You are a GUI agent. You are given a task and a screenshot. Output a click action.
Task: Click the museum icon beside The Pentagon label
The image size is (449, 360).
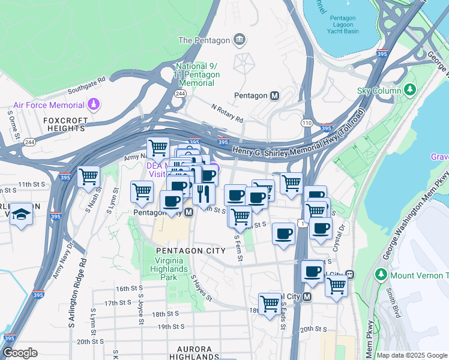[240, 40]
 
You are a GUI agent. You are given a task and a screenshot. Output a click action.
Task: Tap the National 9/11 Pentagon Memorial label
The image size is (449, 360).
[197, 74]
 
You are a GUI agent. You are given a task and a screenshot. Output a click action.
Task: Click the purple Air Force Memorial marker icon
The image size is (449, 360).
[93, 106]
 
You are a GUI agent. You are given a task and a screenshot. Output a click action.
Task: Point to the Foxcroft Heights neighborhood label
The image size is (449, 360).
[66, 124]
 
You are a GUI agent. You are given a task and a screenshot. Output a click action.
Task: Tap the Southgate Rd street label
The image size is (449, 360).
[86, 82]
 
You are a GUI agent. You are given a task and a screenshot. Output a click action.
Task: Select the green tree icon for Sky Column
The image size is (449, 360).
[411, 90]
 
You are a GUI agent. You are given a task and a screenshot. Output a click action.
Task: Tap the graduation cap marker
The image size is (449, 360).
[21, 215]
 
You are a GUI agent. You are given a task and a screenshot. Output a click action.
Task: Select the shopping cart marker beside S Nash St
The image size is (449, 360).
[88, 176]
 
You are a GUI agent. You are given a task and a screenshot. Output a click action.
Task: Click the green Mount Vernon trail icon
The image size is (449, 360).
[380, 275]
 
